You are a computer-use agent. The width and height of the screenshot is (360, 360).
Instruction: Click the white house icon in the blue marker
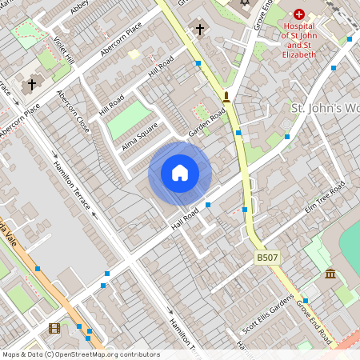pyautogui.click(x=180, y=173)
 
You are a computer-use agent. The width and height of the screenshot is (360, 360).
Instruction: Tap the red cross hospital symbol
pyautogui.click(x=299, y=14)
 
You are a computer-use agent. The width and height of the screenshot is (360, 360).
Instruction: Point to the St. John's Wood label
pyautogui.click(x=325, y=108)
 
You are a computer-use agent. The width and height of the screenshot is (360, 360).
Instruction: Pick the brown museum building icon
pyautogui.click(x=330, y=275)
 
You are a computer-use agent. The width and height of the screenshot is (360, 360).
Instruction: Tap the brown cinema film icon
pyautogui.click(x=54, y=328)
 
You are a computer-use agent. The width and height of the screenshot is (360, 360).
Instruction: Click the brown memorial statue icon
pyautogui.click(x=226, y=98)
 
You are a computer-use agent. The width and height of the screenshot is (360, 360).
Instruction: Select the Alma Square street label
pyautogui.click(x=141, y=141)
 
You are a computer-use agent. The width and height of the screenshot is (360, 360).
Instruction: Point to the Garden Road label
pyautogui.click(x=203, y=122)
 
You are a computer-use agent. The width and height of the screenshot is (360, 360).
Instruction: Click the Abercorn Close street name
pyautogui.click(x=73, y=111)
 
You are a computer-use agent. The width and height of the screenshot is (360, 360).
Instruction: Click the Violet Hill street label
pyautogui.click(x=63, y=50)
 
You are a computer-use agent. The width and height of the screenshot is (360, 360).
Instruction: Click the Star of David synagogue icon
pyautogui.click(x=245, y=4)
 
